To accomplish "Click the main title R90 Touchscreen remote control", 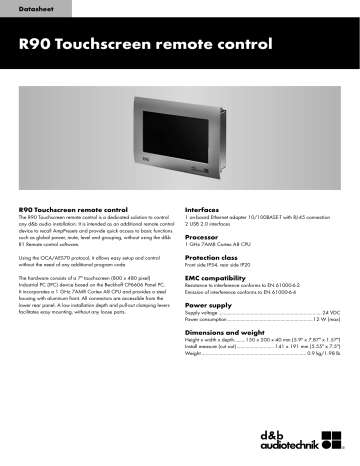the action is [x=145, y=46].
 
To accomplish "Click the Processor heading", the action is [x=206, y=239].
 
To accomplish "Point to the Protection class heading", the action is [x=216, y=259].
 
